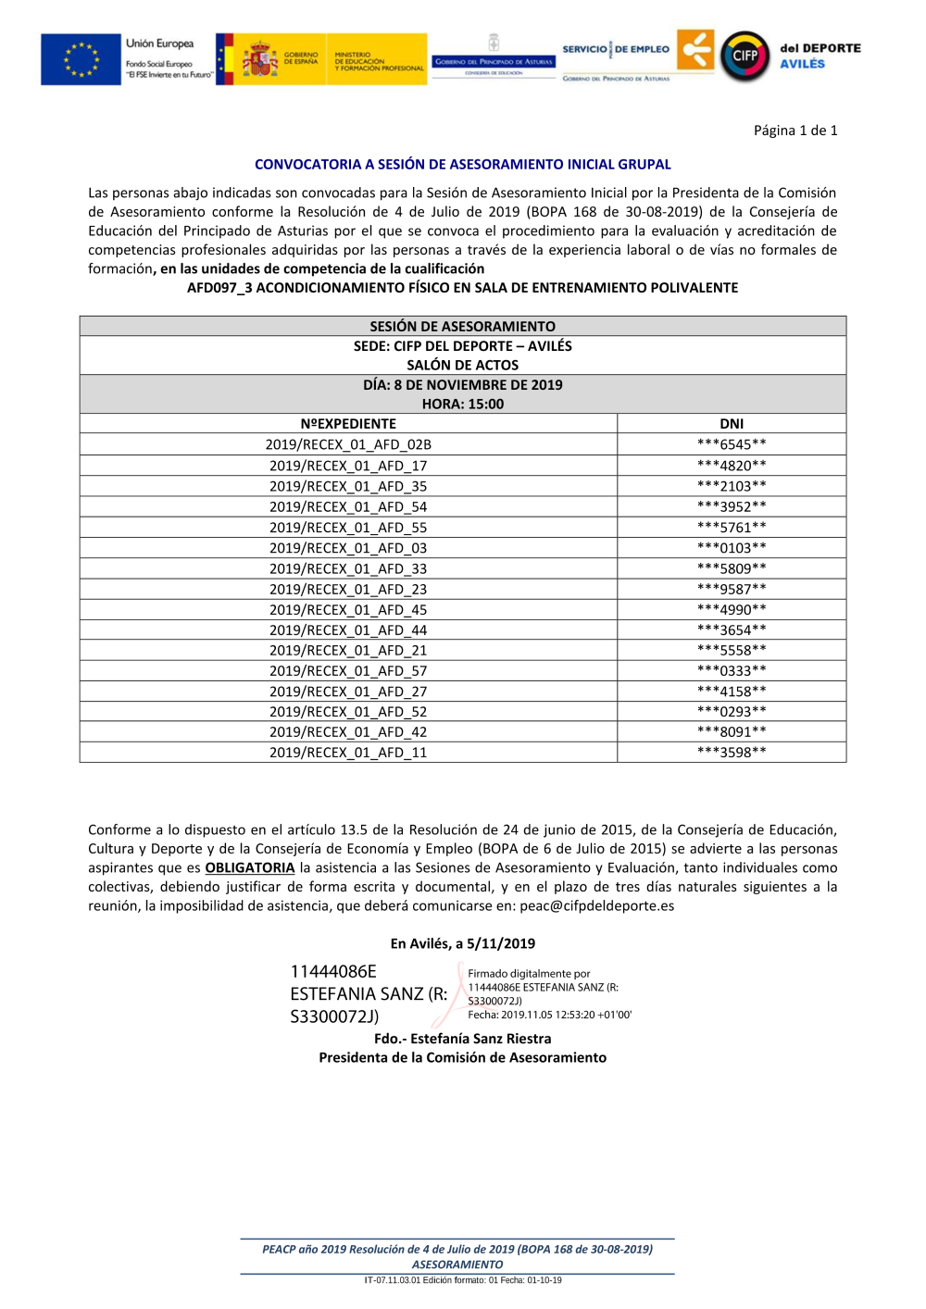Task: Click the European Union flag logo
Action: pyautogui.click(x=81, y=59)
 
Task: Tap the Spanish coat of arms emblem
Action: pyautogui.click(x=260, y=60)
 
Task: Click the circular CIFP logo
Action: pyautogui.click(x=745, y=56)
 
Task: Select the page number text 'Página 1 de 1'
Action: pyautogui.click(x=795, y=131)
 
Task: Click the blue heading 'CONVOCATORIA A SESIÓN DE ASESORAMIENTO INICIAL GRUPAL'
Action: pyautogui.click(x=462, y=165)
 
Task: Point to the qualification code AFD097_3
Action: pyautogui.click(x=219, y=288)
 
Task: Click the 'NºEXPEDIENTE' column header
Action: pyautogui.click(x=348, y=424)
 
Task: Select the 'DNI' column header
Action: pyautogui.click(x=732, y=424)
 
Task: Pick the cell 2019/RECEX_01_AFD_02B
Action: pyautogui.click(x=348, y=444)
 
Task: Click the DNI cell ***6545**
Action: pyautogui.click(x=732, y=444)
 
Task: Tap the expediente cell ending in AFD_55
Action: pyautogui.click(x=348, y=528)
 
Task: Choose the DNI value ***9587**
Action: pyautogui.click(x=732, y=589)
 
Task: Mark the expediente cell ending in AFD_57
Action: pyautogui.click(x=348, y=671)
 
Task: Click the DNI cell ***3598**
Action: pyautogui.click(x=732, y=753)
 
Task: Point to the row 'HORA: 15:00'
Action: pyautogui.click(x=462, y=405)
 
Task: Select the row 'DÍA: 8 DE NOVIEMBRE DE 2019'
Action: pyautogui.click(x=462, y=385)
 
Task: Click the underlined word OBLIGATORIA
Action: pyautogui.click(x=249, y=868)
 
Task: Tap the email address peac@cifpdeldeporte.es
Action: pyautogui.click(x=596, y=906)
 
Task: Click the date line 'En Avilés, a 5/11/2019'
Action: pyautogui.click(x=462, y=944)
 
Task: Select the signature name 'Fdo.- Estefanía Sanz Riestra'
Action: pyautogui.click(x=462, y=1040)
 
